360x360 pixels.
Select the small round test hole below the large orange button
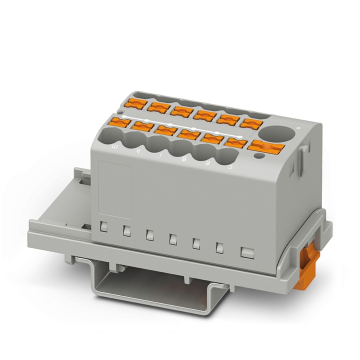pyautogui.click(x=258, y=156)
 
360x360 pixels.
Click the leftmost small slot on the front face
pyautogui.click(x=103, y=226)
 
